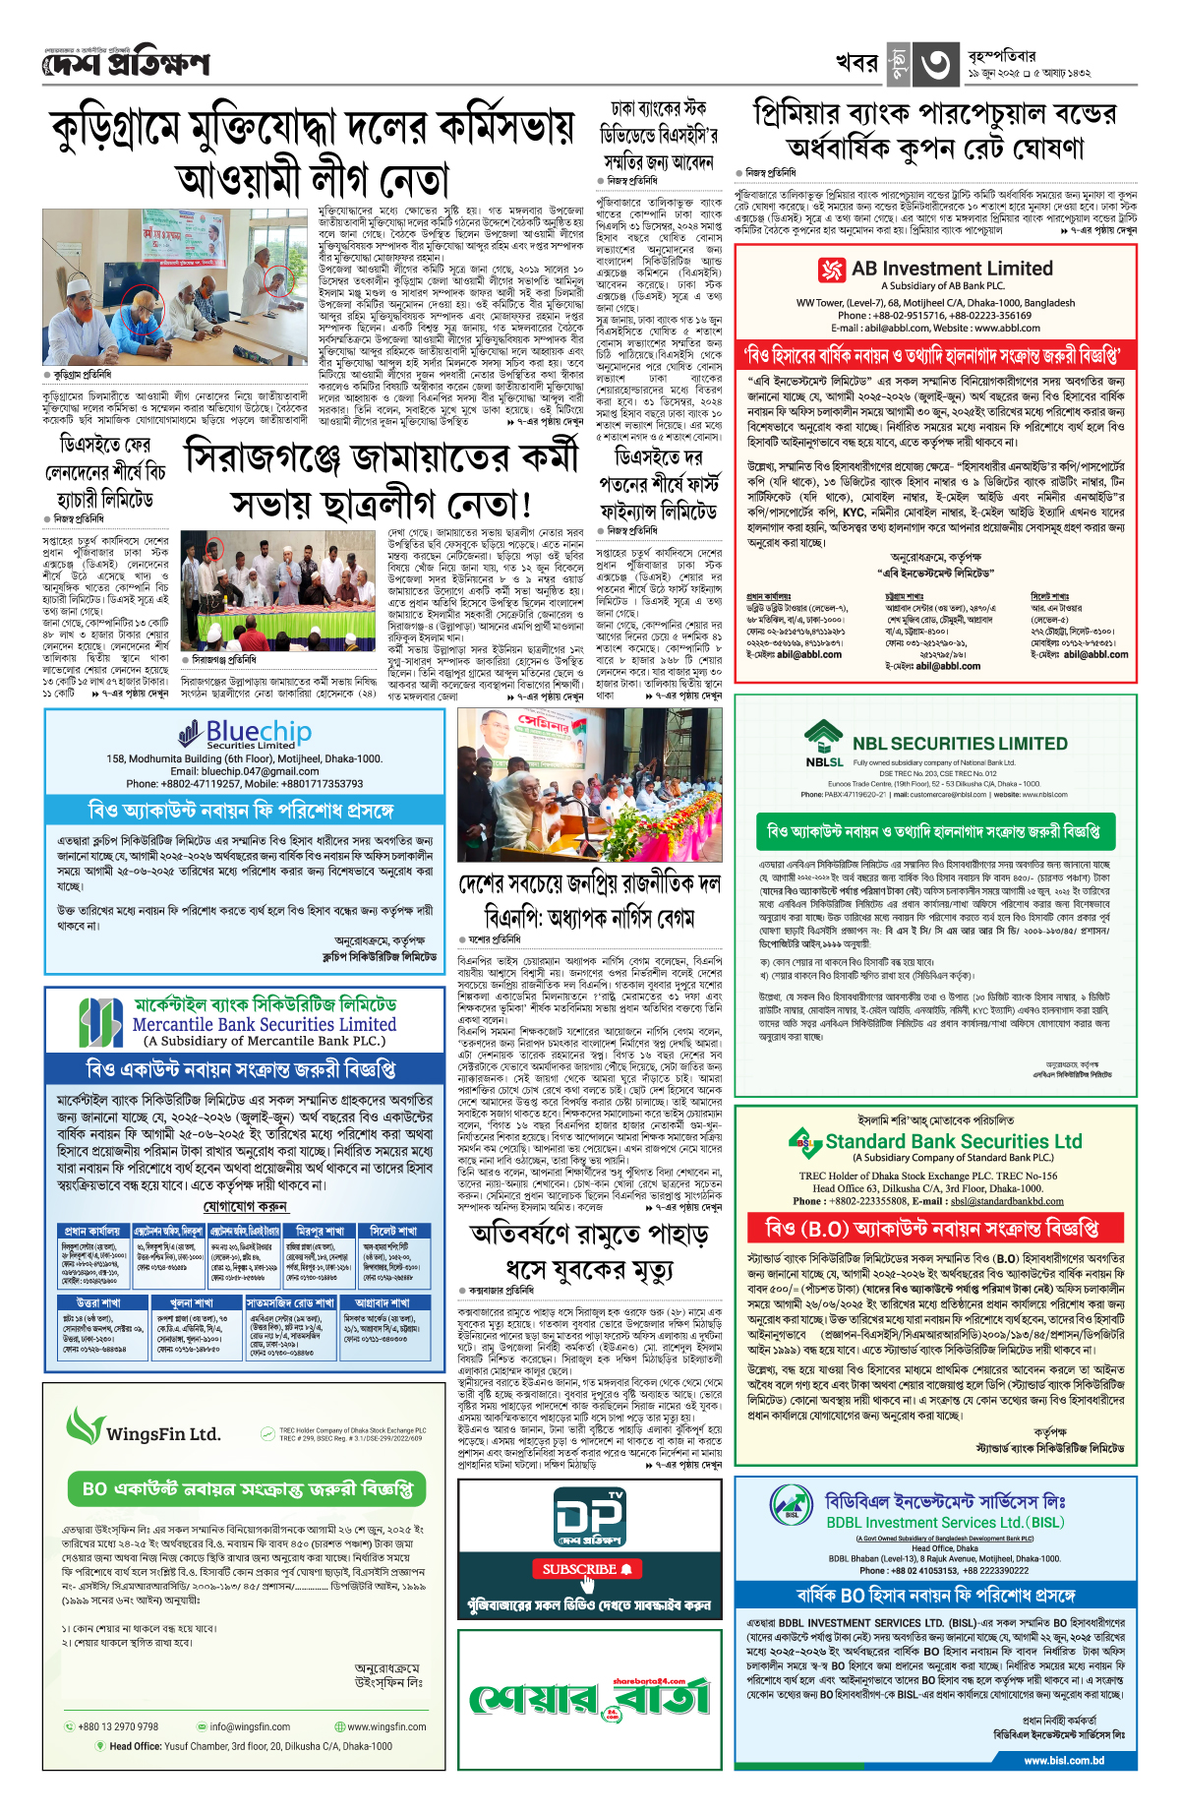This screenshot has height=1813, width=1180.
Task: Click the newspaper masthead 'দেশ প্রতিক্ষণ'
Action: click(x=126, y=65)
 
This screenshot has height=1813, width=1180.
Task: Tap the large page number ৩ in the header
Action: click(x=935, y=65)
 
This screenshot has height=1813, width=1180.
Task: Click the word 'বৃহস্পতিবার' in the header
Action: click(x=1001, y=56)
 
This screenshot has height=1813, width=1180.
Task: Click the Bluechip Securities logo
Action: click(x=245, y=734)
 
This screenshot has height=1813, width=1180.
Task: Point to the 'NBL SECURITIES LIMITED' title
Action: click(x=959, y=744)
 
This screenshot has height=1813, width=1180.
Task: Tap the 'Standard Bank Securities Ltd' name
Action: click(x=953, y=1141)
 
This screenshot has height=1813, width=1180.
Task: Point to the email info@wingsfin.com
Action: click(x=249, y=1726)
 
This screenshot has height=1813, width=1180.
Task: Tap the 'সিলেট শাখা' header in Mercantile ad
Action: click(x=392, y=1231)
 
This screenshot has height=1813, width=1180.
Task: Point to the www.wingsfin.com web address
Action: click(x=385, y=1726)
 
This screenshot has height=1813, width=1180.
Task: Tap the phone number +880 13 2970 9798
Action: click(x=117, y=1726)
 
